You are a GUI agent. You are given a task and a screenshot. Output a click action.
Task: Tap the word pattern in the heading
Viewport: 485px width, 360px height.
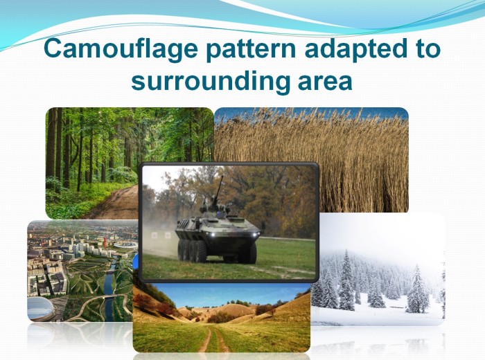coord(251,49)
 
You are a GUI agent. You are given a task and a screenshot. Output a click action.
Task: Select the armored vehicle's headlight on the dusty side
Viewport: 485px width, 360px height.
coord(212,236)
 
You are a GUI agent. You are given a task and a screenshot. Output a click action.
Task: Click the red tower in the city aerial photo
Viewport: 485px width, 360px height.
coord(106,241)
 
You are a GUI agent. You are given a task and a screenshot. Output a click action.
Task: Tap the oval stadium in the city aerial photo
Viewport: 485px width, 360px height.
coord(126,245)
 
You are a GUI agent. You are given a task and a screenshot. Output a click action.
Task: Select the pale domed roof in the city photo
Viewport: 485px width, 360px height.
coord(40,308)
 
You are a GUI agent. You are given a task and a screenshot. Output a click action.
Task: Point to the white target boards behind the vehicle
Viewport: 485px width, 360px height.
coord(161,236)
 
